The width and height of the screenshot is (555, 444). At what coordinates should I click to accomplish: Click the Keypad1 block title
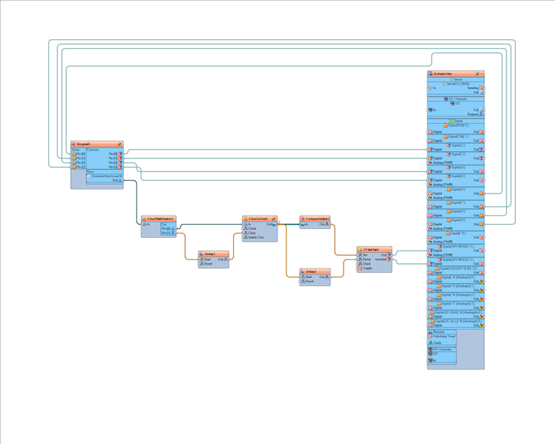pyautogui.click(x=84, y=144)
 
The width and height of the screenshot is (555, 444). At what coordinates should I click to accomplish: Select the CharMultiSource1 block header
pyautogui.click(x=160, y=219)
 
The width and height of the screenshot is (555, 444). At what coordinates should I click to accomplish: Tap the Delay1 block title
pyautogui.click(x=211, y=254)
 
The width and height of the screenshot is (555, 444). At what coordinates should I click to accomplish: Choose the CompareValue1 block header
pyautogui.click(x=315, y=219)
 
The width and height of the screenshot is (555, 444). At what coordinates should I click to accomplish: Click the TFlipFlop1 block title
pyautogui.click(x=372, y=249)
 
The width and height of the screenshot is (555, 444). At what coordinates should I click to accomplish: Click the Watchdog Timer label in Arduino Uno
pyautogui.click(x=444, y=336)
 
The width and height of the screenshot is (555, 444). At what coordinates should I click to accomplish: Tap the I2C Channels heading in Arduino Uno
pyautogui.click(x=456, y=99)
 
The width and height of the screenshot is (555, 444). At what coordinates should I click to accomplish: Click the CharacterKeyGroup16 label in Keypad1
pyautogui.click(x=106, y=176)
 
